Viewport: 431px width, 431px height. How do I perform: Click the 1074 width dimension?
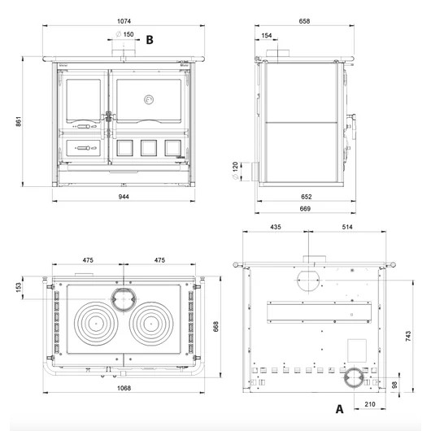coord(124,21)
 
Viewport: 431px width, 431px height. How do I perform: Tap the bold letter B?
coord(150,40)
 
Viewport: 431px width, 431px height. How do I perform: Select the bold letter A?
coord(339,409)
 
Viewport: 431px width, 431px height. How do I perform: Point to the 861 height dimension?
coord(19,121)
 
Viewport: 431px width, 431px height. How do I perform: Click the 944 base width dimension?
coord(124,197)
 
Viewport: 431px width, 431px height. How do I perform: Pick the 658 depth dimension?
coord(304,21)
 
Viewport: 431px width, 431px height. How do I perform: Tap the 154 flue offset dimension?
coord(267,36)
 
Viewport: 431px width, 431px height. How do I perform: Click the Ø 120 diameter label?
coord(235,171)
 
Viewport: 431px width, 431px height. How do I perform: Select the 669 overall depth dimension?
coord(305,209)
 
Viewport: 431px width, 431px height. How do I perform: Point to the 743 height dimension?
coord(408,336)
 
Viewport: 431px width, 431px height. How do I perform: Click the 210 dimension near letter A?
coord(370,404)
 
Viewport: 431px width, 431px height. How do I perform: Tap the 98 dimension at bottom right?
coord(394,385)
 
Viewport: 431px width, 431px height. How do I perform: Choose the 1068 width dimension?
coord(124,388)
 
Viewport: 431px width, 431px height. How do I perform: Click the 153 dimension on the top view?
coord(19,287)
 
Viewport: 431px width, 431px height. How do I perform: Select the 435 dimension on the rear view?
coord(276,227)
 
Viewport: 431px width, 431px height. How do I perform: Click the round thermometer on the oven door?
coord(149,100)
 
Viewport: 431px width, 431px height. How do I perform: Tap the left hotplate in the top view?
coord(96,324)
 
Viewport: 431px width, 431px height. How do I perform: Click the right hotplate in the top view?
coord(151,324)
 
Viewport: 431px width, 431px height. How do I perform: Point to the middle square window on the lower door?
coord(149,148)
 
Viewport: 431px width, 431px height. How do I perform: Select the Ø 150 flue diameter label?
coord(124,34)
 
